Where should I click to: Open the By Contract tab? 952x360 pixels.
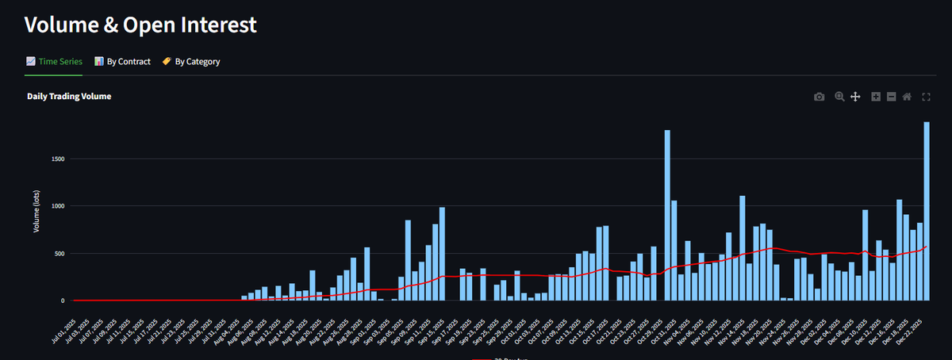(x=123, y=61)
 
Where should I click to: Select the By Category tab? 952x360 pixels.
(x=191, y=61)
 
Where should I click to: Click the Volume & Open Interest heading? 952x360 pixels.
(x=140, y=25)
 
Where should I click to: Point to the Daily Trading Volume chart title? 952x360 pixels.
(x=69, y=96)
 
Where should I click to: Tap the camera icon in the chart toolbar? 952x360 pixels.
(x=819, y=97)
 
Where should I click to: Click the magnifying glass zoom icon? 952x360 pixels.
(x=839, y=97)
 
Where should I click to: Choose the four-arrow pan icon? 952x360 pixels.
(x=856, y=97)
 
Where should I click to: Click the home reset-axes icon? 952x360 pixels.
(x=907, y=97)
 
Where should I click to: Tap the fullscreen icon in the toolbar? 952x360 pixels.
(x=926, y=97)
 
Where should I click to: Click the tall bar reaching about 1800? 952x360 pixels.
(x=667, y=215)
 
